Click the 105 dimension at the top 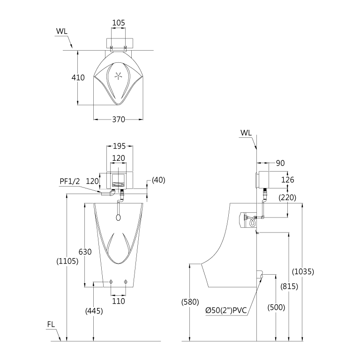(x=119, y=22)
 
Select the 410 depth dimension (x=78, y=78)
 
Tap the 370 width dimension (x=119, y=120)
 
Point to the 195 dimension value (x=120, y=146)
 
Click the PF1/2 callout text (x=69, y=181)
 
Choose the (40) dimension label (x=158, y=180)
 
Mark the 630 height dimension (x=85, y=252)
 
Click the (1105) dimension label (x=67, y=261)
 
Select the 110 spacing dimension (x=119, y=301)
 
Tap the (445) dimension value (x=94, y=311)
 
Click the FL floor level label (x=51, y=324)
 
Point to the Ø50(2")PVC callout (x=226, y=311)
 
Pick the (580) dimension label (x=190, y=302)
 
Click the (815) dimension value (x=289, y=286)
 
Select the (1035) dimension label (x=303, y=272)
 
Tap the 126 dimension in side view (x=288, y=180)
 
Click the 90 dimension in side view (x=280, y=163)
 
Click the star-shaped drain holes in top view (x=119, y=75)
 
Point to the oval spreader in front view (x=119, y=217)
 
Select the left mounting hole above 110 (x=111, y=282)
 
